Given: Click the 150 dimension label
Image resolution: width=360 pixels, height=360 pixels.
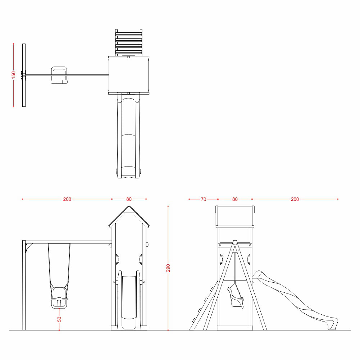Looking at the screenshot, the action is pos(14,75).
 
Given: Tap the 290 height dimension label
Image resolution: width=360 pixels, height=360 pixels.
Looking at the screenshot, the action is pos(168,268).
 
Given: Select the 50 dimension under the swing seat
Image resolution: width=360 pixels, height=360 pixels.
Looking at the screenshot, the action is pos(59,319).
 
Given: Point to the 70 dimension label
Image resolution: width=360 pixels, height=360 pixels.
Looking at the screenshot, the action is pos(204,199).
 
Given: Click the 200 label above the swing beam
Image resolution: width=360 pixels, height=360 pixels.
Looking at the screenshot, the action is pos(67,199).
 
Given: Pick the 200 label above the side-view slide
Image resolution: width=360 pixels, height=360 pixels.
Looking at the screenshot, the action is pos(295,199).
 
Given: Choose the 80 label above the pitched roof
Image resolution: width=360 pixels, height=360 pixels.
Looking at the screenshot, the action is pos(129,199).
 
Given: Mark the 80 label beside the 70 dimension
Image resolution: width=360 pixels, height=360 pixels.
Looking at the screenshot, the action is pos(235,199).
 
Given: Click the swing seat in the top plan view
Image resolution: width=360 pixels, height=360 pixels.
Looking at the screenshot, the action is pos(59,75).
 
